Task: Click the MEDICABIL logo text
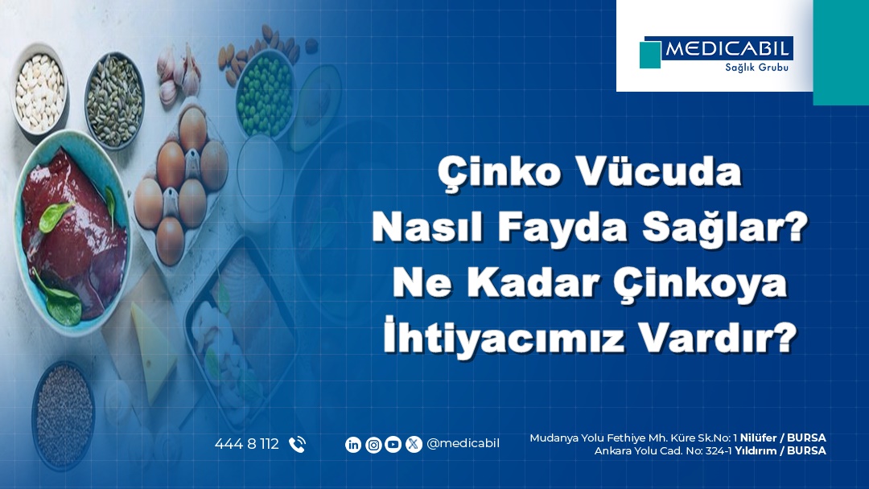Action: point(727,49)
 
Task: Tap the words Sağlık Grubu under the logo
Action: point(756,68)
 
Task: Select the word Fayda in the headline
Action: point(562,227)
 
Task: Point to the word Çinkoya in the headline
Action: point(699,284)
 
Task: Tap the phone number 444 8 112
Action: point(247,444)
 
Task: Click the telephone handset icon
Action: point(297,445)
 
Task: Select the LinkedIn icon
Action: point(353,445)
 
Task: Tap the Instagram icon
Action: point(373,445)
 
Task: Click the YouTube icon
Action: point(393,445)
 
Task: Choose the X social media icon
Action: point(414,445)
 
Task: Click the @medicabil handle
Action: point(463,444)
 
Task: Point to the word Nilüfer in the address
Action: point(758,438)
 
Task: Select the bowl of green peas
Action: point(266,95)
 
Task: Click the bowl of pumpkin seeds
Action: point(115,101)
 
